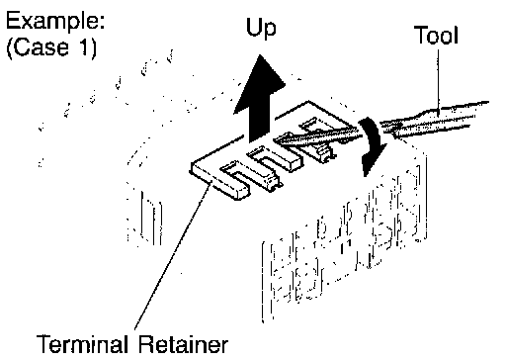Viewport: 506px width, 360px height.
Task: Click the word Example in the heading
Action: [x=52, y=22]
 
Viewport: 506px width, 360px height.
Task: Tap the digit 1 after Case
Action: [x=84, y=46]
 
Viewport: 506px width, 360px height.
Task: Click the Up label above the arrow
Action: [x=261, y=28]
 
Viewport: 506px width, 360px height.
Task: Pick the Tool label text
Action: [x=436, y=35]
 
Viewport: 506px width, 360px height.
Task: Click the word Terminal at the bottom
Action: [x=82, y=345]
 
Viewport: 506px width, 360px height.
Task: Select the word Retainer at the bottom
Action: [x=183, y=345]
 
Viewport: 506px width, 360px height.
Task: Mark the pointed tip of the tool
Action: [x=278, y=142]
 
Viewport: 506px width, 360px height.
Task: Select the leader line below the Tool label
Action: [x=438, y=80]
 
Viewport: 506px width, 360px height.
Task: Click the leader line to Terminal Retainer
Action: [x=172, y=256]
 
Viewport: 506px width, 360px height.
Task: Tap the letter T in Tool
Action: [x=421, y=35]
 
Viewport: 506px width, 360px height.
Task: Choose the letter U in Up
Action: [x=254, y=27]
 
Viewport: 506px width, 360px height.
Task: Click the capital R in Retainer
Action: [x=147, y=345]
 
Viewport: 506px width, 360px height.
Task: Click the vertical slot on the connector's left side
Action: [x=152, y=218]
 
